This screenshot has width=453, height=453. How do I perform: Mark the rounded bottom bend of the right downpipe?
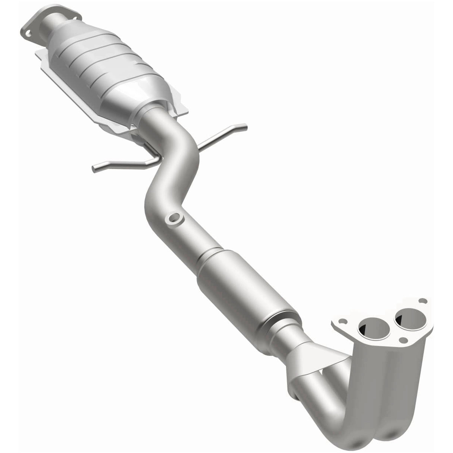click(x=390, y=435)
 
